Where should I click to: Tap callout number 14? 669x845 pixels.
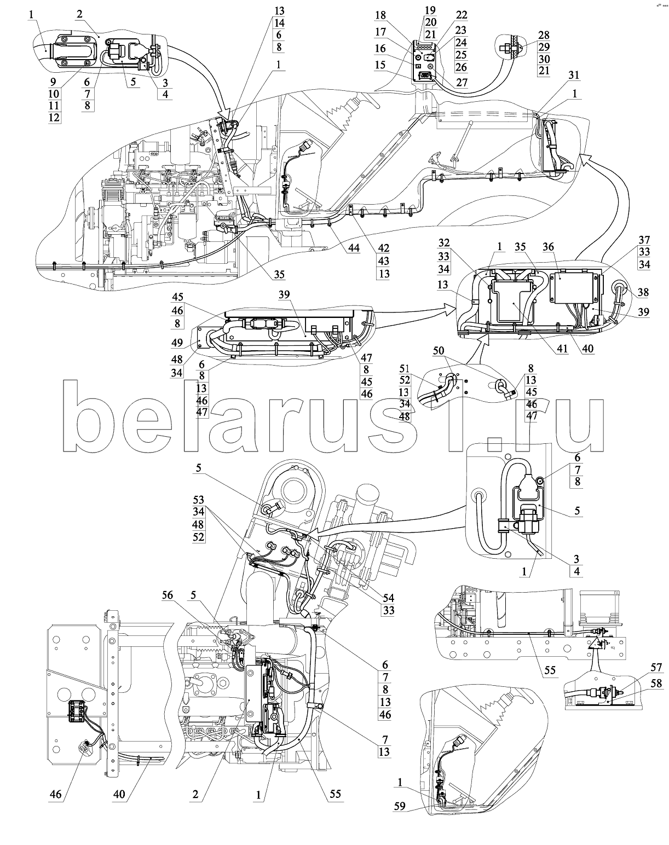point(280,24)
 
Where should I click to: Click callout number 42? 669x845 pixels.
point(384,247)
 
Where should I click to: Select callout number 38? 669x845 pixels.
point(643,292)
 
